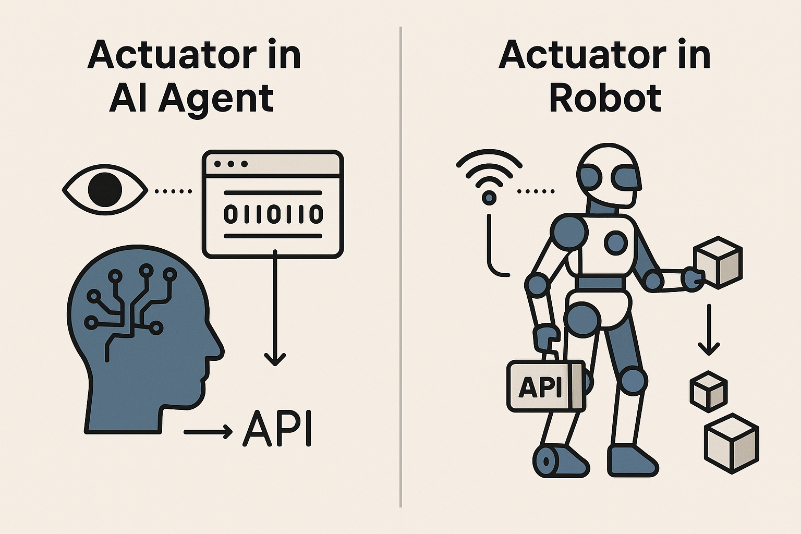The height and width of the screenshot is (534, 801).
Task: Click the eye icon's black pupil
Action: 105,190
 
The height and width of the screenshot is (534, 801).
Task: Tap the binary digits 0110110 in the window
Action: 273,214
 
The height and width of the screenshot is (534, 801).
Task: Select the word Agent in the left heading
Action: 216,99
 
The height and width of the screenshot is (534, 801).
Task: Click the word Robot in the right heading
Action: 605,99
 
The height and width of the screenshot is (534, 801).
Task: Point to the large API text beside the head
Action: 277,429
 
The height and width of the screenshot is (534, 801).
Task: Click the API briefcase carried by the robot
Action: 545,386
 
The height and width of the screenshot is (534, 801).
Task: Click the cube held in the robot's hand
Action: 718,262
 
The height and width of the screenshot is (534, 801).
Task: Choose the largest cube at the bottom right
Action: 731,443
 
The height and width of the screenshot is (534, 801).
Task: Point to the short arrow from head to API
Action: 208,431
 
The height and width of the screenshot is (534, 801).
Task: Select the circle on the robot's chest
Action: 616,242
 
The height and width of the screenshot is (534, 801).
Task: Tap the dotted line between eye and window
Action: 174,191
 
